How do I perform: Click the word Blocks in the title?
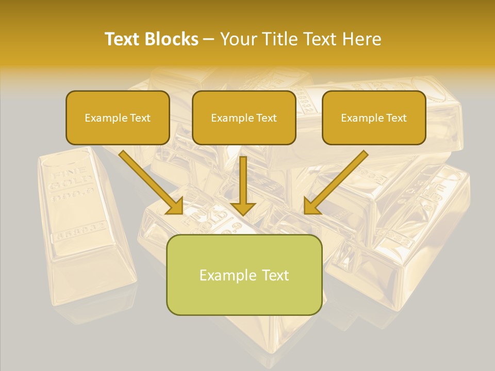pyautogui.click(x=172, y=39)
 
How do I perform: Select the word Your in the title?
pyautogui.click(x=237, y=39)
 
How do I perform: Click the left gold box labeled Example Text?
pyautogui.click(x=118, y=117)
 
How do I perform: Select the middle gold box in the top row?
pyautogui.click(x=244, y=117)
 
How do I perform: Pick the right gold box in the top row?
pyautogui.click(x=374, y=117)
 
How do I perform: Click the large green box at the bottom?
pyautogui.click(x=244, y=275)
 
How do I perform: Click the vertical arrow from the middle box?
pyautogui.click(x=243, y=180)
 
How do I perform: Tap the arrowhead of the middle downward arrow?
pyautogui.click(x=243, y=208)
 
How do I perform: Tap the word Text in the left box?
pyautogui.click(x=140, y=118)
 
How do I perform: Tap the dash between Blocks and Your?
pyautogui.click(x=209, y=39)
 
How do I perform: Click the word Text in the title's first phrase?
pyautogui.click(x=122, y=39)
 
